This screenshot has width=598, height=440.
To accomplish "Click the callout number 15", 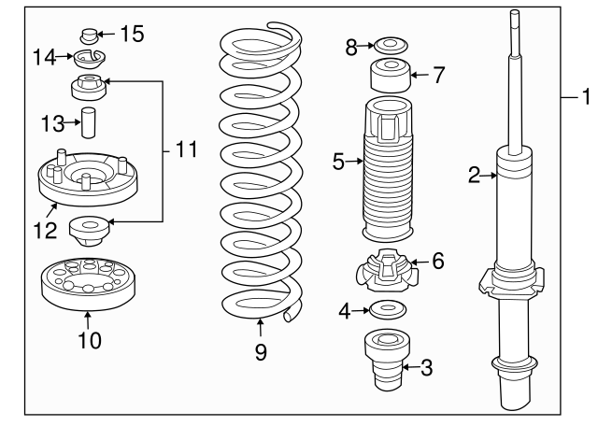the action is click(x=133, y=34).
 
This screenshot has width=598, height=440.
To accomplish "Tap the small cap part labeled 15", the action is click(x=90, y=36).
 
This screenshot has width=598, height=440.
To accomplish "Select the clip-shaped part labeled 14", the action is click(x=90, y=59).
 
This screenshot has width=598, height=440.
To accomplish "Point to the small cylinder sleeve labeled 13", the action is click(x=89, y=122).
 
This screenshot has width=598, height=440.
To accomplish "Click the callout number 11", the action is click(x=187, y=149).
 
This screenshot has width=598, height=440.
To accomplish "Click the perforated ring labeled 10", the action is click(x=88, y=284).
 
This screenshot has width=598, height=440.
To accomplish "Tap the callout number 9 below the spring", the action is click(x=261, y=351).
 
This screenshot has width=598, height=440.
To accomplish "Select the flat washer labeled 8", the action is click(x=391, y=46).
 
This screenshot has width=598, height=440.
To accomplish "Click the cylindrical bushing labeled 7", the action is click(x=391, y=75).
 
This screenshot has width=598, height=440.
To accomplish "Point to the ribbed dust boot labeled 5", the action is click(x=388, y=170).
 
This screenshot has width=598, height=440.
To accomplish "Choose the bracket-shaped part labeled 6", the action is click(x=387, y=271).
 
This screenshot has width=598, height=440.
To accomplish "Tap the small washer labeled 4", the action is click(x=388, y=309).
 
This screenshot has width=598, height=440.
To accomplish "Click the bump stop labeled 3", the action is click(x=388, y=360).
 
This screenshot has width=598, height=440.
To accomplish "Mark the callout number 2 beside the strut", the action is click(x=474, y=175).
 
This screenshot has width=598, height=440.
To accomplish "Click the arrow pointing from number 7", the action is click(x=420, y=75).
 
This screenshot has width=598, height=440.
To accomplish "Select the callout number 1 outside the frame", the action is click(x=587, y=96).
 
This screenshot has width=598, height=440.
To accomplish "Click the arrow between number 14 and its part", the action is click(x=64, y=57).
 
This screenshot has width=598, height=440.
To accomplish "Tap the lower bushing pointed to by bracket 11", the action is click(x=90, y=231).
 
